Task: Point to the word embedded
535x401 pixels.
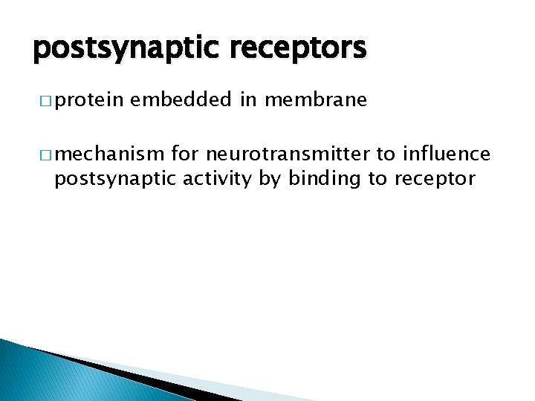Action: point(182,100)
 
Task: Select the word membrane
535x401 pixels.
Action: point(316,100)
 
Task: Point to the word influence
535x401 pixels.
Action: point(446,154)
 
